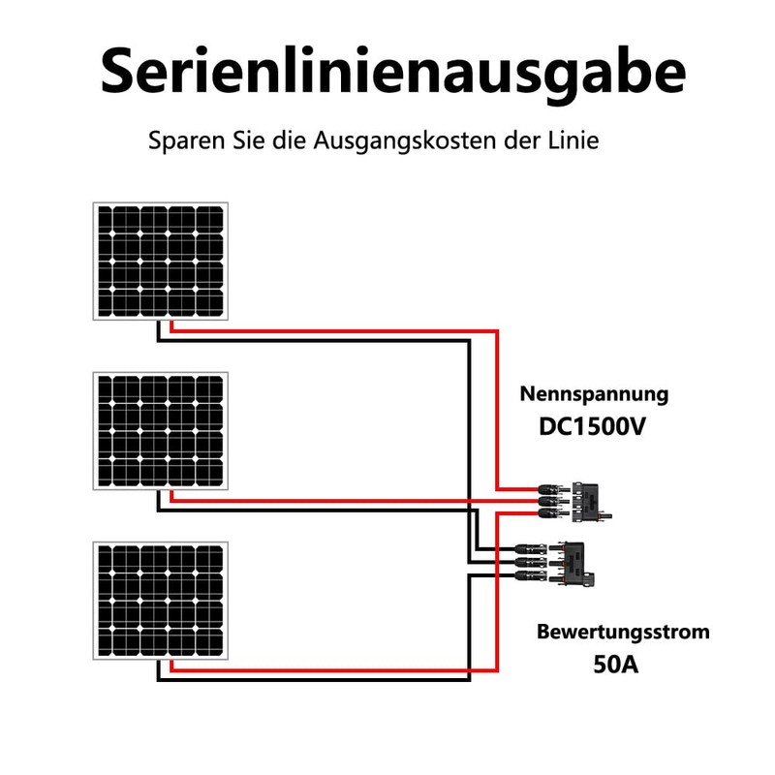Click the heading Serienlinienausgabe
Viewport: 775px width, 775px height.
pos(392,73)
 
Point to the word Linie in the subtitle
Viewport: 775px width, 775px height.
pos(573,140)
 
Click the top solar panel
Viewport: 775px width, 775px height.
pos(161,261)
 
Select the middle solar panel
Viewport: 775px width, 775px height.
pos(161,430)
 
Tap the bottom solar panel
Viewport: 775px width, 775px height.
pos(161,601)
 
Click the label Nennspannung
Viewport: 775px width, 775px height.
pos(594,394)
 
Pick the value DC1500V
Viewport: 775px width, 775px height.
pos(592,427)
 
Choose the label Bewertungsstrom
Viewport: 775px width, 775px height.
pos(623,633)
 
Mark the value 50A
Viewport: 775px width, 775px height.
pos(615,666)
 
